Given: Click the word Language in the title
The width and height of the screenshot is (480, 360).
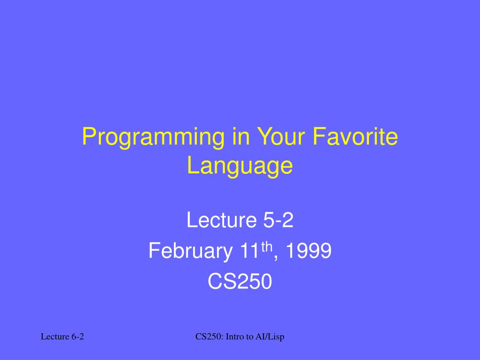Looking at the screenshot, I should coord(240,166).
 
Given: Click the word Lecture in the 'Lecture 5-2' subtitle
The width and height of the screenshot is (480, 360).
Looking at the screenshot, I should coord(218,220).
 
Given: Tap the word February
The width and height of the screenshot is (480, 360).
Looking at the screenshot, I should coord(190,252).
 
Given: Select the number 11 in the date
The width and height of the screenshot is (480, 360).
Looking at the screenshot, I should coord(247,252).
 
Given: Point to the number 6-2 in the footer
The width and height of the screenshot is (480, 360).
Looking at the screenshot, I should coord(78,337).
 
